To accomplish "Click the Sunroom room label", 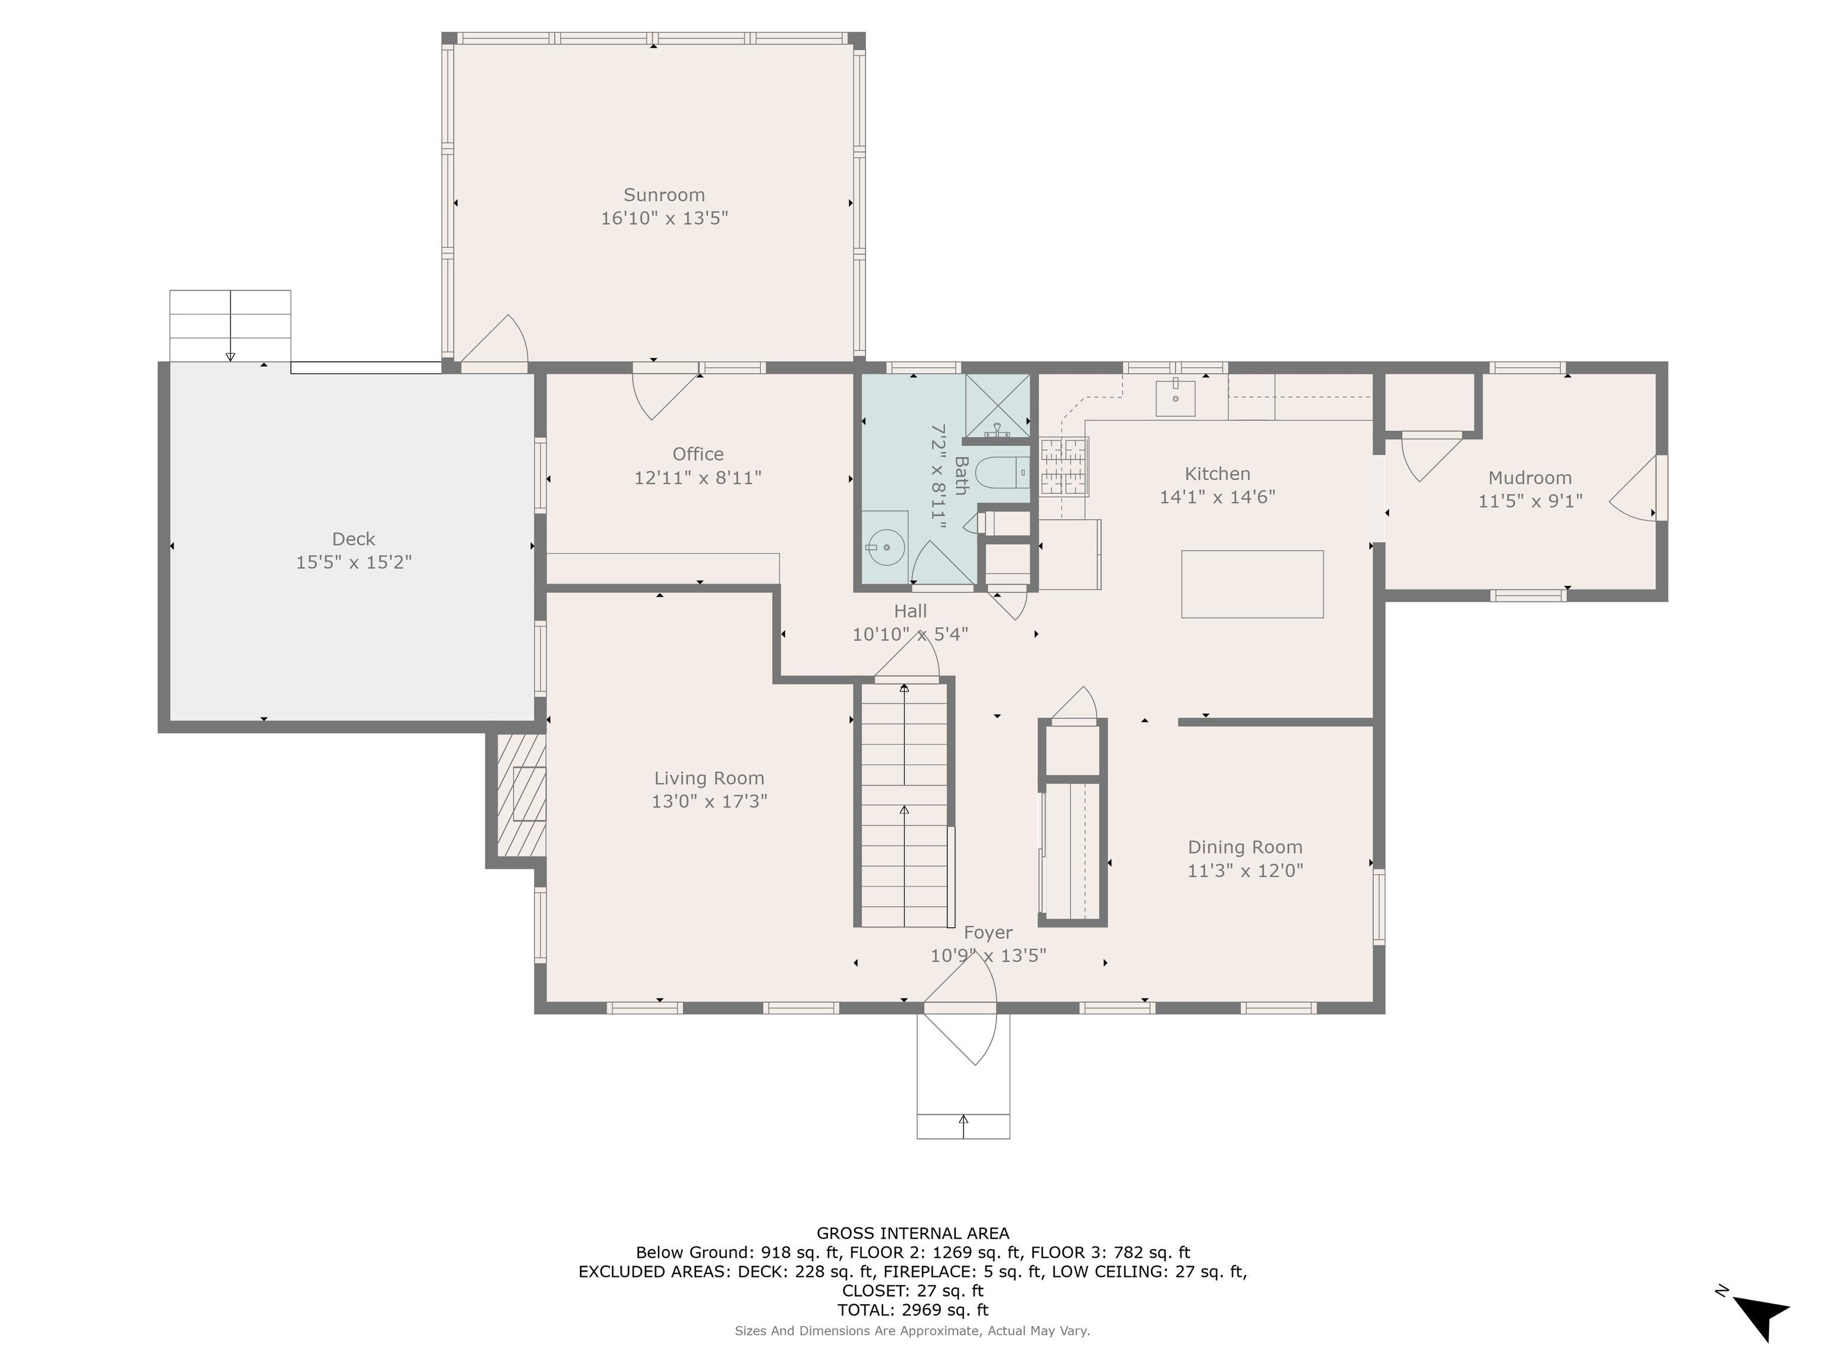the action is pos(664,195).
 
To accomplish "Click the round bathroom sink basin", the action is pos(886,546).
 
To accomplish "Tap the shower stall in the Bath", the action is pos(997,405).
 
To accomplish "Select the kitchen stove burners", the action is pos(1063,467).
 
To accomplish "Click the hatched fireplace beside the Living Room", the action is pos(521,794).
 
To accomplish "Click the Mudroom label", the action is pos(1529,478).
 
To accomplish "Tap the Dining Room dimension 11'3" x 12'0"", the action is pos(1245,870).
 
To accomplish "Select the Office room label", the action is pos(698,454).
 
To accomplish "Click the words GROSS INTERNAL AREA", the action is pos(912,1233).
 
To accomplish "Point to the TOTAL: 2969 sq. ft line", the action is pos(912,1310).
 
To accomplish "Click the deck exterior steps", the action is pos(230,326).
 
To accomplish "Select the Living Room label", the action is pos(709,778).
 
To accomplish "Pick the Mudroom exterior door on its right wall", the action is pos(1635,488).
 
